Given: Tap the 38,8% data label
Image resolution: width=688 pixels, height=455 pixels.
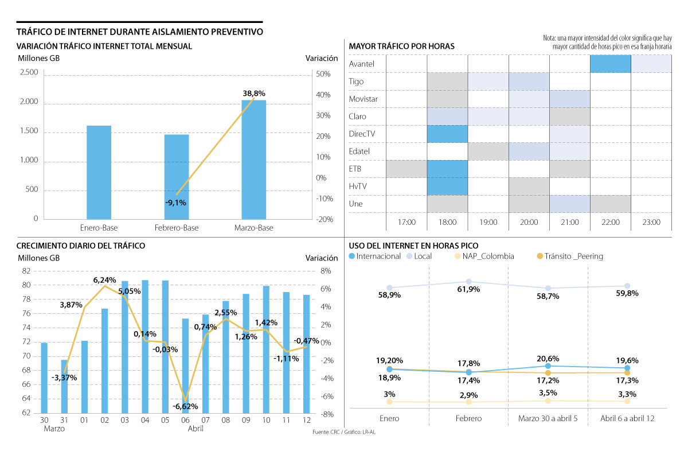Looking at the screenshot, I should point(254,93).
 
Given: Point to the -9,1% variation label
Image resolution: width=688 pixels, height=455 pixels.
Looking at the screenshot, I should point(175,203).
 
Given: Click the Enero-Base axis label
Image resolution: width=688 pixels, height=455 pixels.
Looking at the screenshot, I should point(99,228).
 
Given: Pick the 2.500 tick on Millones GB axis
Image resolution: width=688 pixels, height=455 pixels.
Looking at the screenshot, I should point(29,72).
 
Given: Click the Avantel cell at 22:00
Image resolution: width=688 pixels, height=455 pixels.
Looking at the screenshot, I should point(610,64).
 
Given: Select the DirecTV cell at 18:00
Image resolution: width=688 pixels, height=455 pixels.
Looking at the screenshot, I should point(447,134).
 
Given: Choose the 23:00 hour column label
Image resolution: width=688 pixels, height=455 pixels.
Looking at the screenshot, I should point(651,222).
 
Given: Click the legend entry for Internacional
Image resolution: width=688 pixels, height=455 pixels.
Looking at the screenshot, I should point(375,256).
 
